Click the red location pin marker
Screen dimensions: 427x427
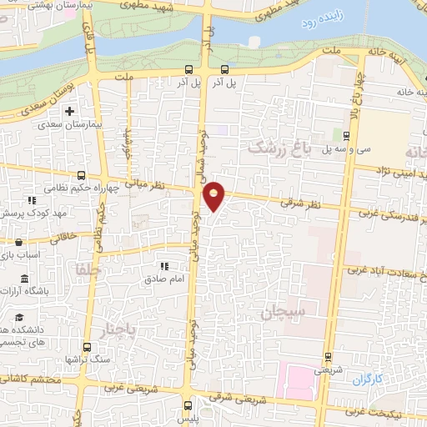coord(215,197)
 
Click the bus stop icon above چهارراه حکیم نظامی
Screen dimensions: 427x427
coord(81,175)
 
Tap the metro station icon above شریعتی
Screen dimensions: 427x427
coord(327,354)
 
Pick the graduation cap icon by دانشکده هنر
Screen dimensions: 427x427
coord(18,317)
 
